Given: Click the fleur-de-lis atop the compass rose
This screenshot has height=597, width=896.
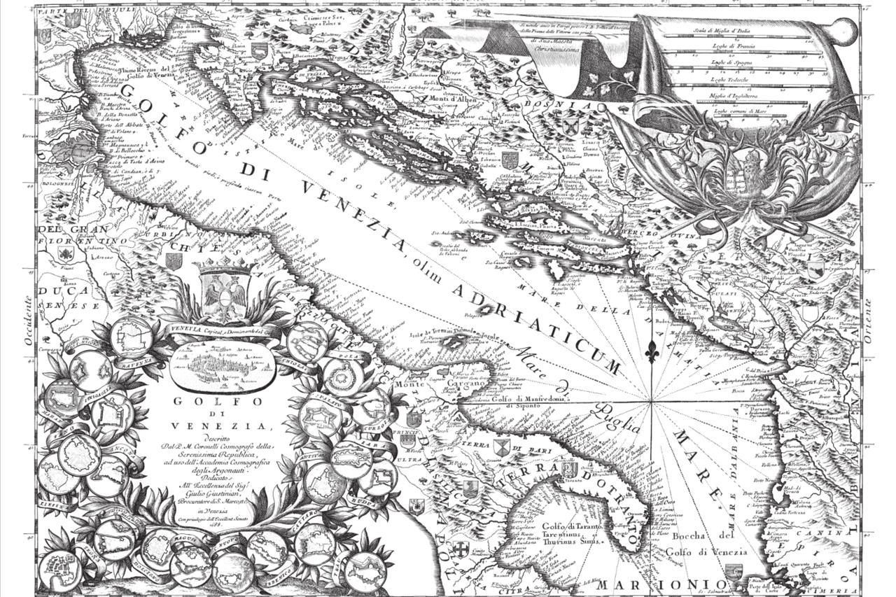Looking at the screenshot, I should [652, 348].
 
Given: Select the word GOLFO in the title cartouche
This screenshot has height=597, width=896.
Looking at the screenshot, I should [217, 402].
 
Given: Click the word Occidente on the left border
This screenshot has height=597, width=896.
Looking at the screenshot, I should [29, 320].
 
